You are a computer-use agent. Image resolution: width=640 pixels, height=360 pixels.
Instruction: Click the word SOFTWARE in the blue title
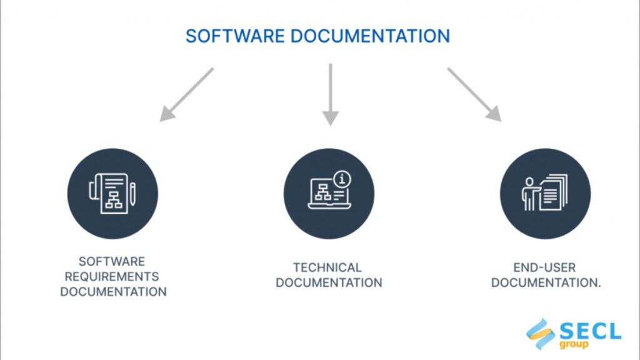(235, 36)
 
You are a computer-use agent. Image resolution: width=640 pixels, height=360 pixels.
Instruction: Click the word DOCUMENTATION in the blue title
(370, 36)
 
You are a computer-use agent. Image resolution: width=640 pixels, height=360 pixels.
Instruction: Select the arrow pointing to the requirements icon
(186, 95)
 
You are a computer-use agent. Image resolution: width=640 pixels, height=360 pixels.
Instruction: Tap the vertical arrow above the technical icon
(330, 95)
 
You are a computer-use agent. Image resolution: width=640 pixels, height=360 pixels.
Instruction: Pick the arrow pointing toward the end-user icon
(474, 95)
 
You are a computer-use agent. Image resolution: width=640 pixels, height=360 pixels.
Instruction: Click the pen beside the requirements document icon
(132, 194)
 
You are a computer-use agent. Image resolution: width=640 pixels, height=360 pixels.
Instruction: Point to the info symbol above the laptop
(342, 179)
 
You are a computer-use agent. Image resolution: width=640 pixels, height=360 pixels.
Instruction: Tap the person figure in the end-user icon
(529, 194)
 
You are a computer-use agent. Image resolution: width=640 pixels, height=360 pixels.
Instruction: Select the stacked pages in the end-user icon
(554, 192)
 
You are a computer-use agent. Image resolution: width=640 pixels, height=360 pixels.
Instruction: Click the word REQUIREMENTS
(112, 277)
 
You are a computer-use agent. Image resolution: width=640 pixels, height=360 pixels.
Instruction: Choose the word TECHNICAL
(327, 267)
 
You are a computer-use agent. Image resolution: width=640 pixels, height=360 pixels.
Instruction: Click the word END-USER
(544, 267)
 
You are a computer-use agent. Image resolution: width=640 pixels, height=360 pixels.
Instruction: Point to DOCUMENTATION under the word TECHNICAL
(329, 283)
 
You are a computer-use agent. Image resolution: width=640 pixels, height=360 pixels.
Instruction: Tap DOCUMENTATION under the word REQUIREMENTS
(114, 292)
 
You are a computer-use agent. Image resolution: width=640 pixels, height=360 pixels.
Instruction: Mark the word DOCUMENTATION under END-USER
(546, 283)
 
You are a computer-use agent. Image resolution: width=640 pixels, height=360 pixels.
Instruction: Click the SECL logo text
(590, 331)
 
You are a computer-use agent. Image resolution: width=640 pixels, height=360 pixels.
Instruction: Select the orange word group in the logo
(574, 344)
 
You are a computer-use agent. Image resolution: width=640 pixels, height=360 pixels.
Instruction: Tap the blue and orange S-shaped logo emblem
(541, 334)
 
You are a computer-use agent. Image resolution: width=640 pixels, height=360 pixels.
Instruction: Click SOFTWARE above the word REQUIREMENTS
(112, 261)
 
